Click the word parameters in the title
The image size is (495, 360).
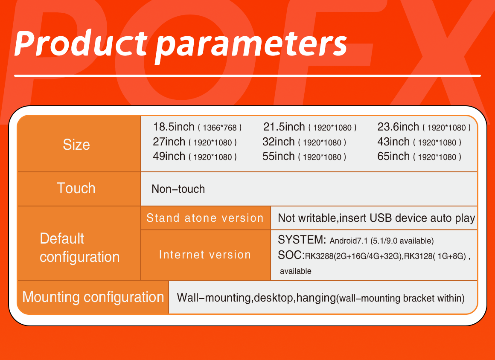(251, 46)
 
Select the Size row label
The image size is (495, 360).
(76, 145)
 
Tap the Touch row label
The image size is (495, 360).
(76, 188)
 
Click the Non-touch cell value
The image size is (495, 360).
(178, 189)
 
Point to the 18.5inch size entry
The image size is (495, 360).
(174, 127)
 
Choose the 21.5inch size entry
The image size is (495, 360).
(284, 127)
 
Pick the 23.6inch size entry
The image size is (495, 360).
(398, 127)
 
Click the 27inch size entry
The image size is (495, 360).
(169, 142)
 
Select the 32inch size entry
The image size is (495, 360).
(278, 142)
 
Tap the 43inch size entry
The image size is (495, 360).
(393, 142)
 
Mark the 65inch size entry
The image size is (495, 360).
(393, 156)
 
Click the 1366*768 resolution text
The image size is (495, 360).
(220, 128)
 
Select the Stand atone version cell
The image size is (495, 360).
(205, 218)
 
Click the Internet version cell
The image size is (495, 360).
(205, 255)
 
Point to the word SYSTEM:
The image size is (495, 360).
(302, 240)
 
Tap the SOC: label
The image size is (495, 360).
(291, 255)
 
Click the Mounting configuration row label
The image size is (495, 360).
(93, 297)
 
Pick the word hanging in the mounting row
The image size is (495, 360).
(316, 298)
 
